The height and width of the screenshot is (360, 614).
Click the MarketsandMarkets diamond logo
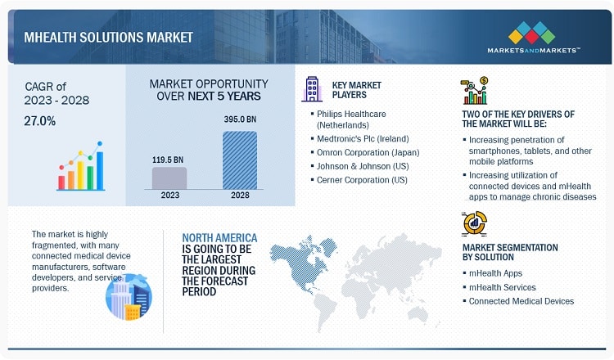[x=532, y=33]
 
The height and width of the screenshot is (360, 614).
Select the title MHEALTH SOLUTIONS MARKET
[x=108, y=38]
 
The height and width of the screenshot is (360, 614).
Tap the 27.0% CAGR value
[x=40, y=121]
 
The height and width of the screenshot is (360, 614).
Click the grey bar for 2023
[x=169, y=178]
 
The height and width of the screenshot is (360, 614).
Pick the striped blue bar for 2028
[x=240, y=160]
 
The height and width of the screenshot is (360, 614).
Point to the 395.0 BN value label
[x=240, y=119]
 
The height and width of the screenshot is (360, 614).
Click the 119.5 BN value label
[x=168, y=160]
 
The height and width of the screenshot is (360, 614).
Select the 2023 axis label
[x=170, y=195]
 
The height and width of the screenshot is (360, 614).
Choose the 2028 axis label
[x=240, y=195]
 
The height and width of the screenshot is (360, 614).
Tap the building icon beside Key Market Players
[x=312, y=89]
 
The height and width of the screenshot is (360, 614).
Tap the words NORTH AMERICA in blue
[x=219, y=238]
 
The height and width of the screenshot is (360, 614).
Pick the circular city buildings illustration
[x=129, y=297]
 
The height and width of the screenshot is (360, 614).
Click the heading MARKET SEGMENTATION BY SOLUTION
[x=510, y=252]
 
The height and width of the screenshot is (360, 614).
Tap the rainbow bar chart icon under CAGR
[x=81, y=166]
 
